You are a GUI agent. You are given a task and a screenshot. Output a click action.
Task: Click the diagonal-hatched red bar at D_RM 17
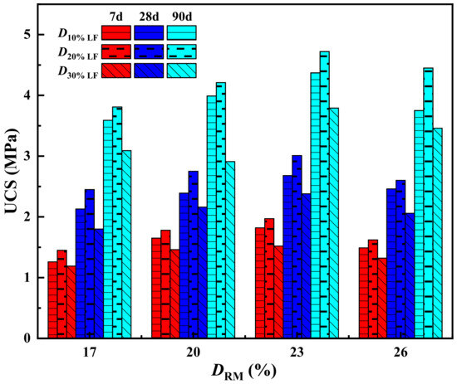[71, 302]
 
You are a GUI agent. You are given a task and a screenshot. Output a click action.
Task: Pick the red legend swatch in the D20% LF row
[117, 51]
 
